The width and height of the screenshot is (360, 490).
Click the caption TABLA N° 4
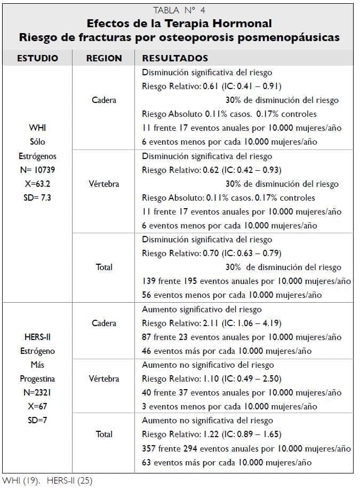click(x=179, y=10)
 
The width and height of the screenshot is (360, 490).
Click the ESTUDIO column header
click(x=37, y=58)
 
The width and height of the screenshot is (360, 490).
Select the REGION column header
click(x=104, y=58)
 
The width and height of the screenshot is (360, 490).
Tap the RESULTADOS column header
click(x=175, y=58)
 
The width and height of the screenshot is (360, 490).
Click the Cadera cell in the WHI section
click(x=104, y=100)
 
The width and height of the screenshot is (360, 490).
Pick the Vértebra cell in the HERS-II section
click(x=104, y=379)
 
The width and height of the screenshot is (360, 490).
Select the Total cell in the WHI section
click(x=104, y=267)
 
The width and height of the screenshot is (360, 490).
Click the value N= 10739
click(x=37, y=170)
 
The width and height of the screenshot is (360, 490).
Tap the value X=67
click(x=37, y=406)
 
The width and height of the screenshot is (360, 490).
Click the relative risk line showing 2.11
click(x=212, y=323)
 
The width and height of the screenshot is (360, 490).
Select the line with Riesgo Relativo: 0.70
click(x=212, y=254)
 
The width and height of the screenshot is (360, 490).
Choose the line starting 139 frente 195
click(x=246, y=281)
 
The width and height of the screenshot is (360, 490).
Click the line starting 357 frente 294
click(x=246, y=448)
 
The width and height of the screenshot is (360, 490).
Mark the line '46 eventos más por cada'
click(x=227, y=351)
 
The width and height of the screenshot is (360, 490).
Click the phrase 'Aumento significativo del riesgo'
click(x=202, y=310)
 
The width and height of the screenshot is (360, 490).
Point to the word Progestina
click(x=37, y=379)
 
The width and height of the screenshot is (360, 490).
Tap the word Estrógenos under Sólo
click(x=37, y=156)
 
